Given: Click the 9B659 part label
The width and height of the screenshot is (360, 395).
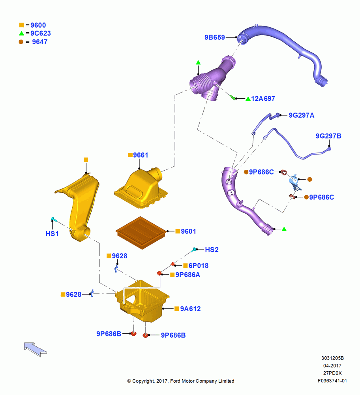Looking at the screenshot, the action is coord(214,37).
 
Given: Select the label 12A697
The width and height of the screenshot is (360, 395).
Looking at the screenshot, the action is coord(263,98).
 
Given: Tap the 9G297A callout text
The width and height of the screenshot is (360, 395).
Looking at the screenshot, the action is coord(301,115).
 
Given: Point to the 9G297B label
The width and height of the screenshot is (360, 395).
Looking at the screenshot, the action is coord(328,136).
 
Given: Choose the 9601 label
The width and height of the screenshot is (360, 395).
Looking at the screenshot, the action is coord(188,231).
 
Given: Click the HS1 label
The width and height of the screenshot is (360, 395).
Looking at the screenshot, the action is coord(52,234).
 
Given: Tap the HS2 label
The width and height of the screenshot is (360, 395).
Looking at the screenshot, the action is coord(212,250).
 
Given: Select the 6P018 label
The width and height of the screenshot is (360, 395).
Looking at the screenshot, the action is coord(199,265).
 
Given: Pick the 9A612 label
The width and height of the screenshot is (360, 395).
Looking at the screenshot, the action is coord(190,309).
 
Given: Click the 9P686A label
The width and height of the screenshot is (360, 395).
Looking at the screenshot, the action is coord(187,275).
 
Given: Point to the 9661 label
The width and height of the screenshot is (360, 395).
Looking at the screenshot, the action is coord(141,155).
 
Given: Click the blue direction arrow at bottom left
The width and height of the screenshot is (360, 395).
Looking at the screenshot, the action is coord(35,349).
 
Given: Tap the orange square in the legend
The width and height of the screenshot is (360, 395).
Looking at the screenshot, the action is coord(21,25).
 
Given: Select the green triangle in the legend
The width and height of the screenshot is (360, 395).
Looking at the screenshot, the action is coord(21,33).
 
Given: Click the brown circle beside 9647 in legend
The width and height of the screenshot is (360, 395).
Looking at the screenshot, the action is coord(21,42).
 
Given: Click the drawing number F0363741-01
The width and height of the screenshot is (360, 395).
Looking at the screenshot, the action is coord(332,381).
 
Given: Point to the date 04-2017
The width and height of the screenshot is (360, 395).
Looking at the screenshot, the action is coord(332,365).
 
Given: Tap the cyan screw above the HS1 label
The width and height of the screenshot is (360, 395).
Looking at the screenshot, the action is coord(54,219).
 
